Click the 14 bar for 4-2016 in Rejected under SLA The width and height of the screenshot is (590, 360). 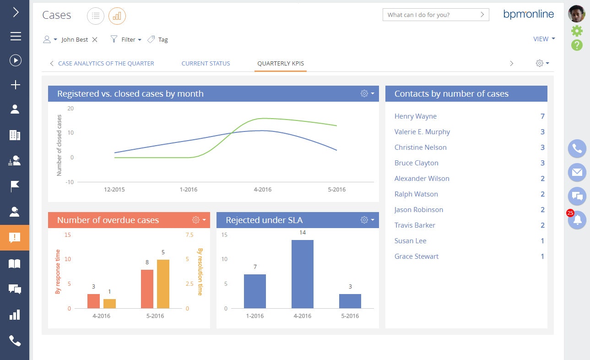pyautogui.click(x=302, y=274)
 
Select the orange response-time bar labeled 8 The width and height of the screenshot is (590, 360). pyautogui.click(x=147, y=289)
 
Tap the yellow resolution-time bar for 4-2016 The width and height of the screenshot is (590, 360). pyautogui.click(x=109, y=303)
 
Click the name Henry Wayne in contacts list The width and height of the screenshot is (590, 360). pyautogui.click(x=415, y=116)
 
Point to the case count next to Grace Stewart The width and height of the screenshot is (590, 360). pyautogui.click(x=542, y=256)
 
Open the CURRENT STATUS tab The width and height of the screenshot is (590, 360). pyautogui.click(x=206, y=63)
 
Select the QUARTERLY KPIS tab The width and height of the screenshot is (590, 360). pyautogui.click(x=280, y=63)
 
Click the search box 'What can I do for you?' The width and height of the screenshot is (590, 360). pyautogui.click(x=430, y=15)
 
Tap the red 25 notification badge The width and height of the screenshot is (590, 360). pyautogui.click(x=570, y=213)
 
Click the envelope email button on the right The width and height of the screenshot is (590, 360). pyautogui.click(x=577, y=172)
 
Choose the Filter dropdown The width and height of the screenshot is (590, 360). pyautogui.click(x=126, y=40)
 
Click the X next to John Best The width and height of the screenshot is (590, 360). pyautogui.click(x=95, y=40)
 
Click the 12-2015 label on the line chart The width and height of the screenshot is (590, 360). pyautogui.click(x=114, y=190)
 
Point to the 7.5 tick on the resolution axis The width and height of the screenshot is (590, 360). pyautogui.click(x=189, y=235)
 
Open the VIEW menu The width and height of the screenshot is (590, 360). pyautogui.click(x=544, y=39)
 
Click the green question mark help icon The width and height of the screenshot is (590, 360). pyautogui.click(x=577, y=45)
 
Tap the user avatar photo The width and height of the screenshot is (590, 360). pyautogui.click(x=577, y=14)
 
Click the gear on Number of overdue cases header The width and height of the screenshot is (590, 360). pyautogui.click(x=196, y=220)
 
